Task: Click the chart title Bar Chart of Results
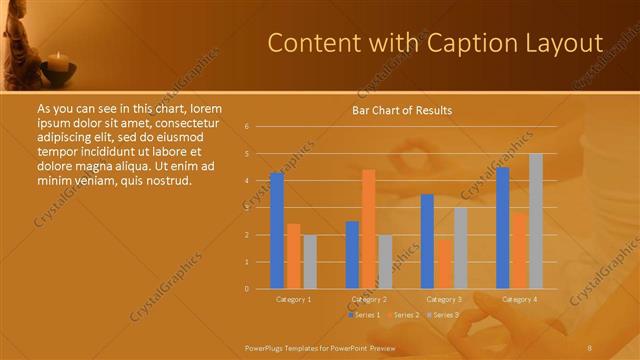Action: pyautogui.click(x=401, y=110)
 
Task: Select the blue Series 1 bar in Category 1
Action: pyautogui.click(x=277, y=231)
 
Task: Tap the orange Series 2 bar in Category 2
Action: pyautogui.click(x=368, y=229)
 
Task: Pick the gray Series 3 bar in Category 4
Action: pyautogui.click(x=536, y=221)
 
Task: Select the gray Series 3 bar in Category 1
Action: pyautogui.click(x=309, y=262)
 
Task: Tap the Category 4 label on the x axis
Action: pyautogui.click(x=519, y=299)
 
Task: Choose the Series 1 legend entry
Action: pyautogui.click(x=365, y=315)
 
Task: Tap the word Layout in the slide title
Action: pyautogui.click(x=559, y=43)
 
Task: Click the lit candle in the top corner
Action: pyautogui.click(x=59, y=62)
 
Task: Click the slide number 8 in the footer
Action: pyautogui.click(x=591, y=346)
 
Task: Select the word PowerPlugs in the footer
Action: pyautogui.click(x=265, y=346)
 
